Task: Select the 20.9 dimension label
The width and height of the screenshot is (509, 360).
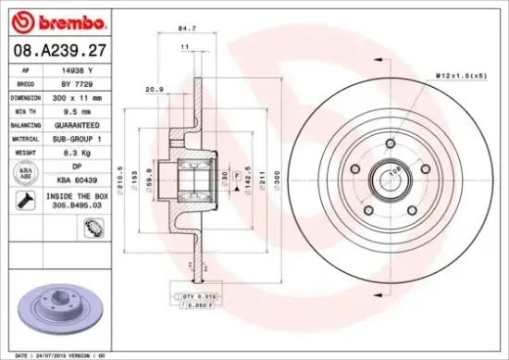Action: click(x=155, y=89)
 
